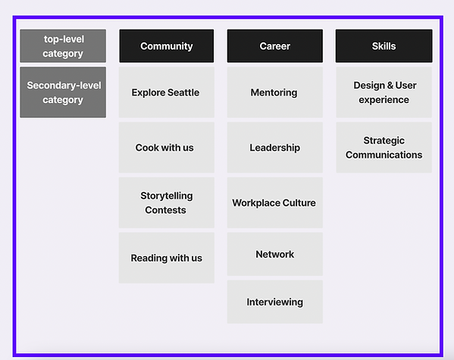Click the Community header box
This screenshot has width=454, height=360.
[167, 45]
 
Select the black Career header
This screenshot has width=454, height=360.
[275, 45]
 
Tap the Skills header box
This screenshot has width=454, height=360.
[384, 45]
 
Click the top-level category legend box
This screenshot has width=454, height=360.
[63, 45]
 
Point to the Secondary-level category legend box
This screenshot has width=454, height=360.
[63, 92]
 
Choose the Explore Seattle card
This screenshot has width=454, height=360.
[167, 92]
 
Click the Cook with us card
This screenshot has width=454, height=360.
[167, 148]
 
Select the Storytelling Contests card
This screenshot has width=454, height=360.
[167, 202]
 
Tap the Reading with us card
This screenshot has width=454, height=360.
[167, 258]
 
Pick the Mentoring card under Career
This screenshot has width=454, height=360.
[275, 92]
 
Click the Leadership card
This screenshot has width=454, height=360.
[275, 148]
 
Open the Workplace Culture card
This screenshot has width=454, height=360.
[275, 202]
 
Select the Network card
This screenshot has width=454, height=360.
[275, 254]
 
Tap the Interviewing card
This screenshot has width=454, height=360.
[275, 302]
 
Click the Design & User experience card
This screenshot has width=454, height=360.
[384, 92]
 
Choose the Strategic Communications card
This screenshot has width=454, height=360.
[384, 148]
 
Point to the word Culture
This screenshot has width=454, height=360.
[299, 202]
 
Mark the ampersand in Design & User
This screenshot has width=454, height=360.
[390, 86]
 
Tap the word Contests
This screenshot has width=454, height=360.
[166, 210]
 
